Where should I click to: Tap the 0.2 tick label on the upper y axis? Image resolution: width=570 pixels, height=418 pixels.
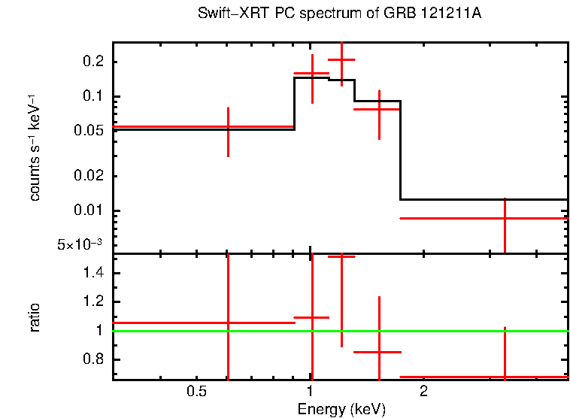pos(92,62)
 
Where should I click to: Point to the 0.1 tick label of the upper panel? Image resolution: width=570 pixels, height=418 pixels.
pos(92,96)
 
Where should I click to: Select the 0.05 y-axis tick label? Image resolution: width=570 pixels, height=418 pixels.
pos(89,131)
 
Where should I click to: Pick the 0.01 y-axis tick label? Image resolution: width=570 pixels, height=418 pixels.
pos(89,211)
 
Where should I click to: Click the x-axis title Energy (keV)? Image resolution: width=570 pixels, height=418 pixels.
pos(341,409)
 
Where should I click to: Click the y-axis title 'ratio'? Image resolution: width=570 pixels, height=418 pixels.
pos(35,317)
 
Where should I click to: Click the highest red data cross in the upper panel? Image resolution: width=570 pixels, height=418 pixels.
pos(341,59)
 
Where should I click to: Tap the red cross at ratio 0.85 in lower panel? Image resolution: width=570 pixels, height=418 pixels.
pos(379,352)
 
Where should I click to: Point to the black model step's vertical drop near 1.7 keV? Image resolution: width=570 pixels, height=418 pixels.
pos(400,150)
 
